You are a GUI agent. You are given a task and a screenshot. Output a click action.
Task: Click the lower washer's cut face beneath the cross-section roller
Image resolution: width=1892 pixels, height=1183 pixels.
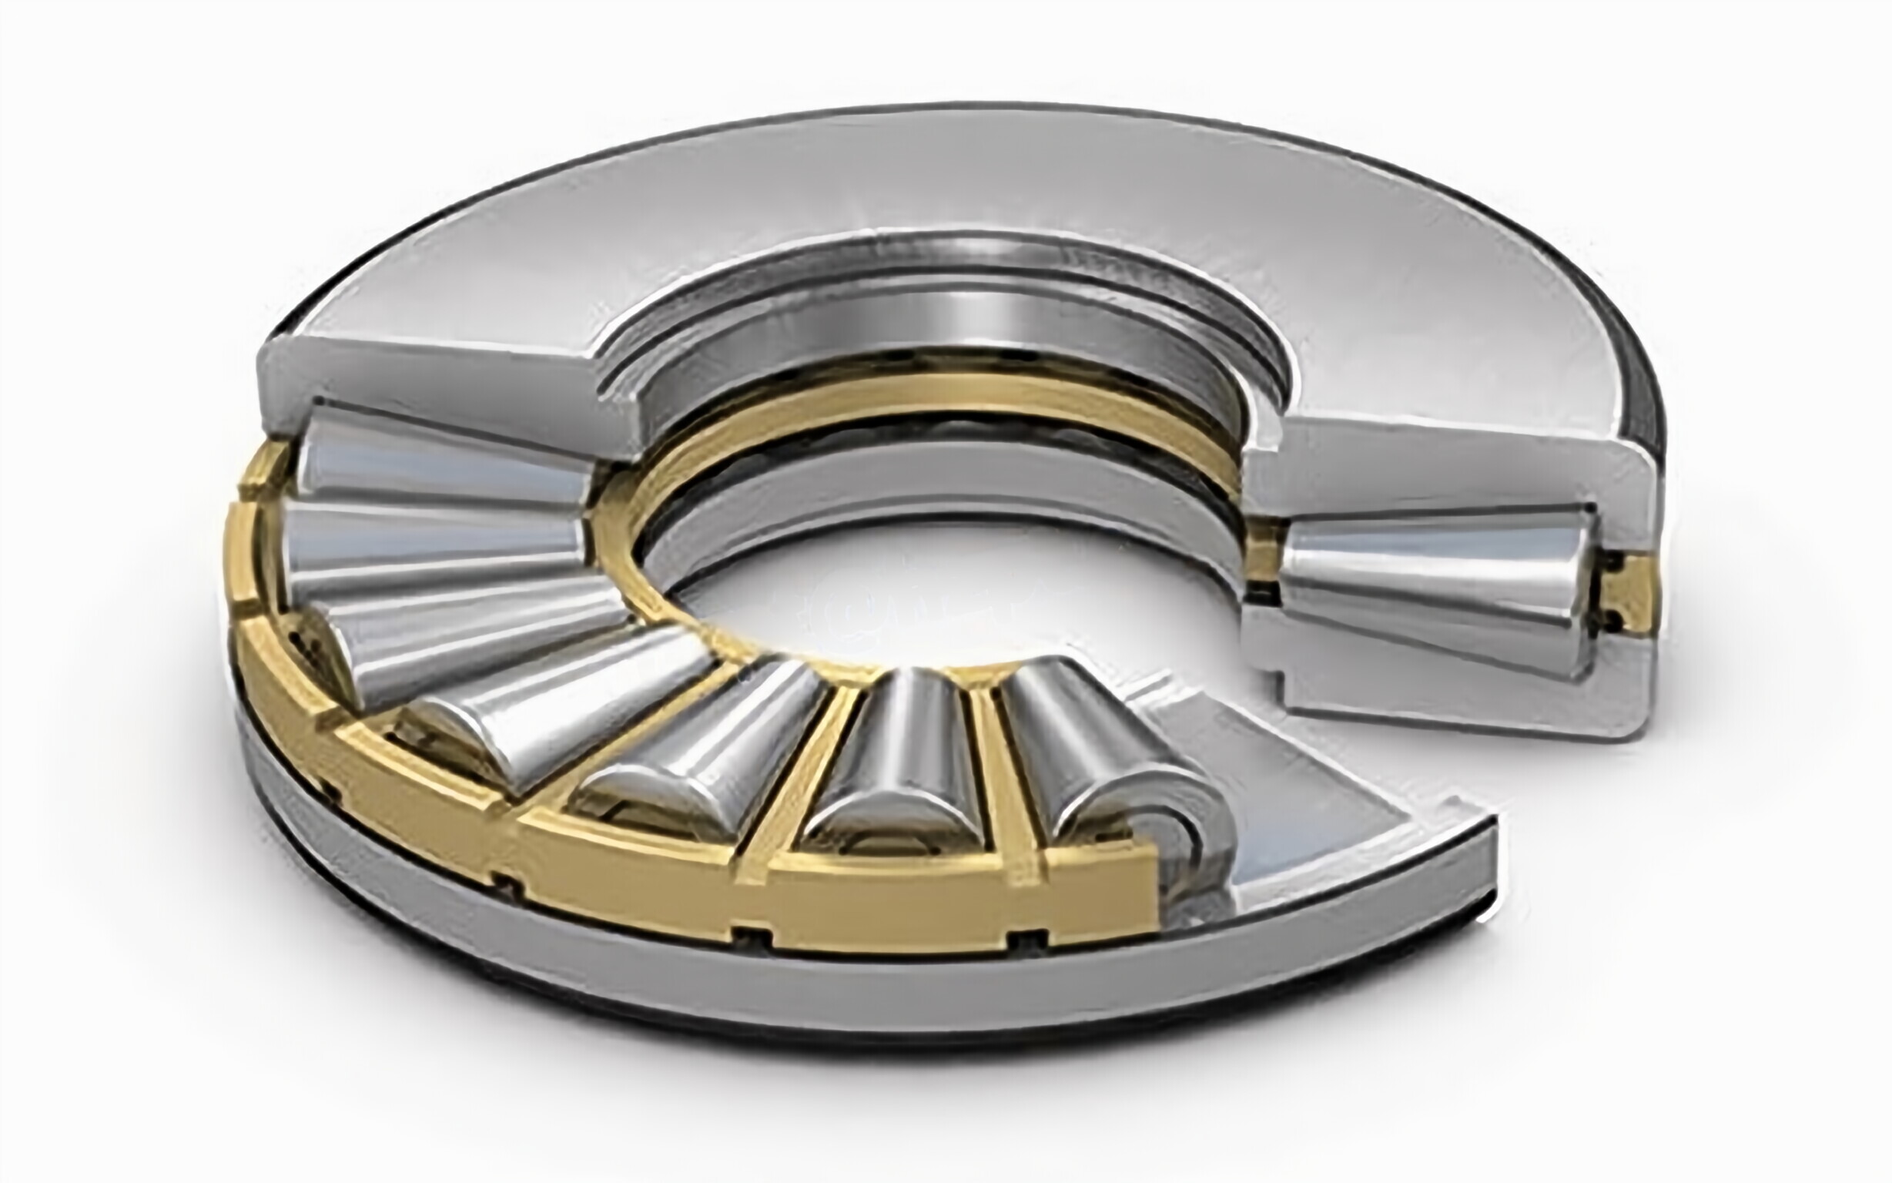click(x=1447, y=689)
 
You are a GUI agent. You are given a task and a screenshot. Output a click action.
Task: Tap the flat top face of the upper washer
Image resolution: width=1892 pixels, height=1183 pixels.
click(x=939, y=180)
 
